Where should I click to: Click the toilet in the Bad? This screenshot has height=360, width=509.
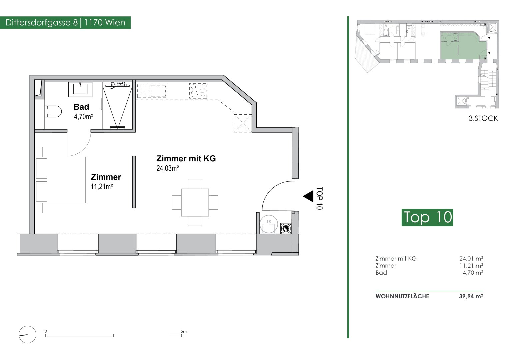coord(53,111)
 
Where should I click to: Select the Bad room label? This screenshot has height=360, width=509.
coord(81,107)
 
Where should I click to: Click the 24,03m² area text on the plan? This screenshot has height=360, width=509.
coord(168,168)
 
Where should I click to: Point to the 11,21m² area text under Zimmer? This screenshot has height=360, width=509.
coord(102,187)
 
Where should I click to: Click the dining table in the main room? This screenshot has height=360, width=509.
coord(195,203)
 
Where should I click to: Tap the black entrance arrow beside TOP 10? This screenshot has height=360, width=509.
coord(308,196)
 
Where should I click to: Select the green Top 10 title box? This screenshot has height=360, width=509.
coord(427,217)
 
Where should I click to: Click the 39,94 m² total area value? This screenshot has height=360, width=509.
coord(471,296)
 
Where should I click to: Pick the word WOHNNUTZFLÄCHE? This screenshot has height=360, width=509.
coord(402,296)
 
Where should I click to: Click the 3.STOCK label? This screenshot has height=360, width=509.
coord(483,118)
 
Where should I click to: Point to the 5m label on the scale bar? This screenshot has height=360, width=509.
coord(184,331)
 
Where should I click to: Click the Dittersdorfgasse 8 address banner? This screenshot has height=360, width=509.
coord(65,23)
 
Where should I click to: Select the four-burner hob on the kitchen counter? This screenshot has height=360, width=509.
coord(198,91)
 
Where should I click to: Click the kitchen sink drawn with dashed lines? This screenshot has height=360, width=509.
coord(152,91)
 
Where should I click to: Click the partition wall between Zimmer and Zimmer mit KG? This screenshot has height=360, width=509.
coord(134,182)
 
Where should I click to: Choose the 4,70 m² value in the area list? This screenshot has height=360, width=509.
coord(473,273)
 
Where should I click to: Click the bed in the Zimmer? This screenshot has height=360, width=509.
coord(60,180)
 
